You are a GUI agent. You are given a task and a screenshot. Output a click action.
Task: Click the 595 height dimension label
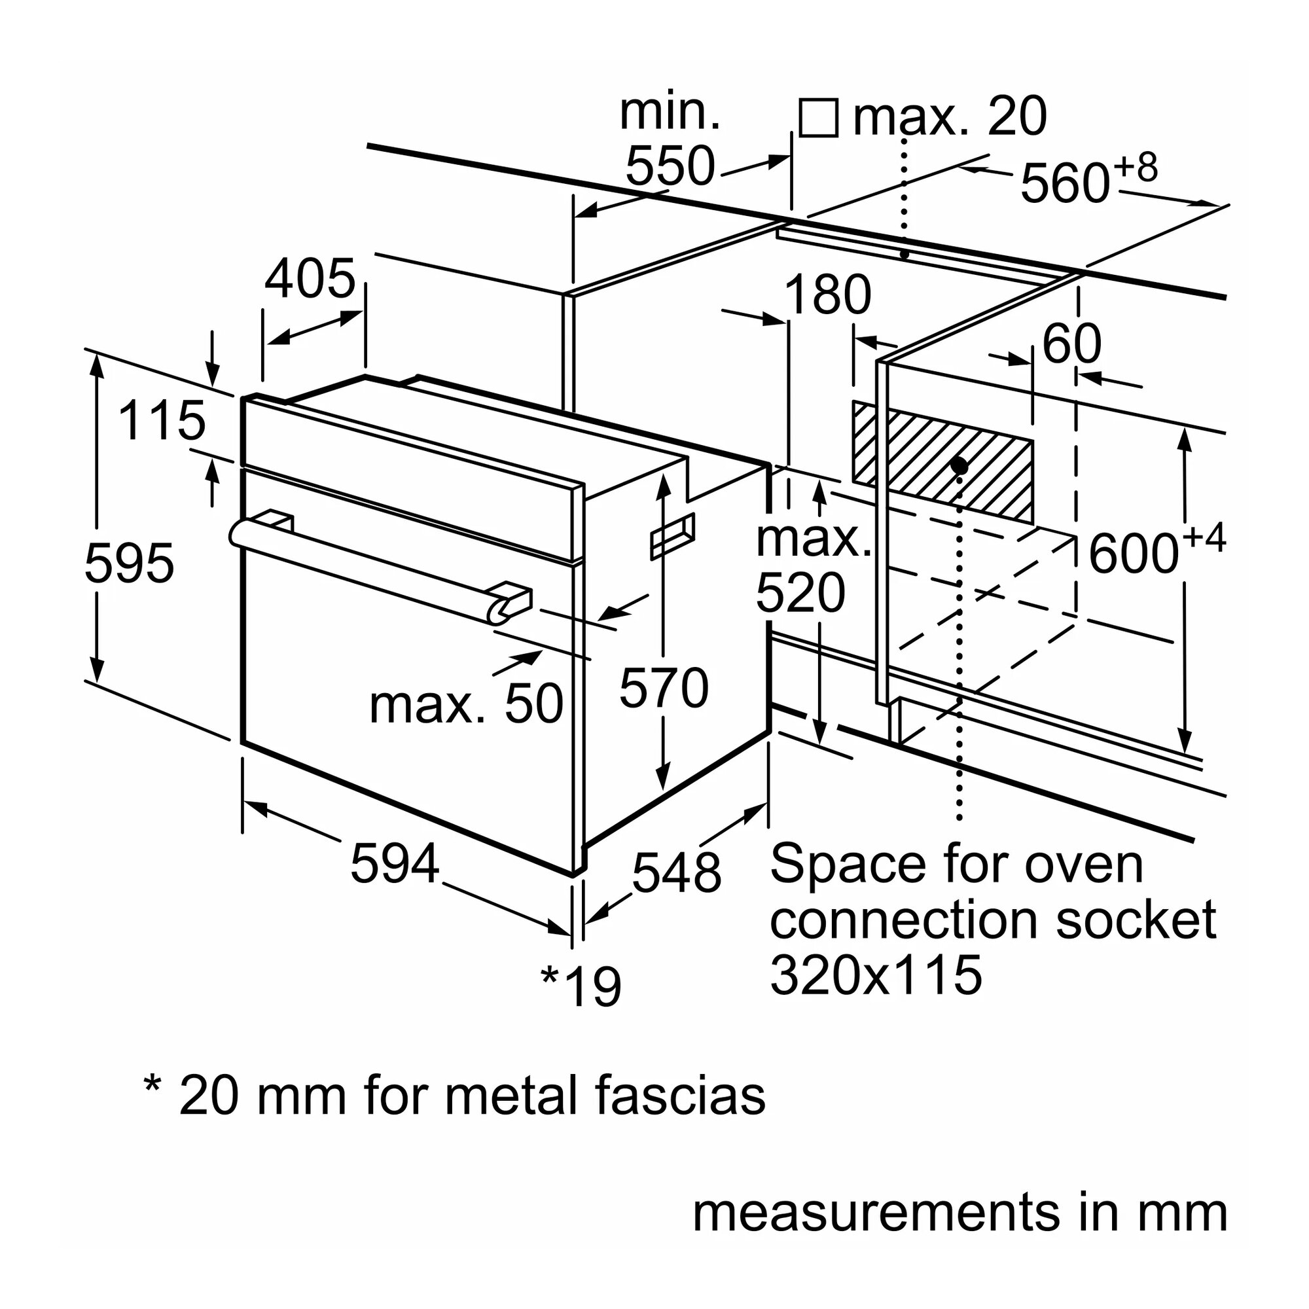click(x=130, y=563)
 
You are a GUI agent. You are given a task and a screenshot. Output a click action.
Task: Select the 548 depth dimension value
click(x=676, y=872)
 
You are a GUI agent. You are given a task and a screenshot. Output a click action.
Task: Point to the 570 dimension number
click(x=664, y=688)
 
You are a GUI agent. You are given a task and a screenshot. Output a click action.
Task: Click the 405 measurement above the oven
click(x=310, y=278)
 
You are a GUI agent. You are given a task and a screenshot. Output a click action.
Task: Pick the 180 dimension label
click(x=827, y=295)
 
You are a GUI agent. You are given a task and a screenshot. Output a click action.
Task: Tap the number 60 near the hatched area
click(x=1072, y=344)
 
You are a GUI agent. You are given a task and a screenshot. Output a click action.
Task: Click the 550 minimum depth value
click(x=670, y=166)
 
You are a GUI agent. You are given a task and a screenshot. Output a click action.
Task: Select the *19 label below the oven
click(x=581, y=986)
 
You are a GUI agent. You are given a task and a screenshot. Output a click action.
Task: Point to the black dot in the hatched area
click(x=959, y=465)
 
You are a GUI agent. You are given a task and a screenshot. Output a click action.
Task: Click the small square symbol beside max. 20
click(x=819, y=118)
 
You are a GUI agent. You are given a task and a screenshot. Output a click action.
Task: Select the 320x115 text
click(x=875, y=975)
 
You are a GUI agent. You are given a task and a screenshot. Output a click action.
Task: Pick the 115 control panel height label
click(x=161, y=420)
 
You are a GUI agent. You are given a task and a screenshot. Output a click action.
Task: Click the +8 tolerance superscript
click(x=1136, y=168)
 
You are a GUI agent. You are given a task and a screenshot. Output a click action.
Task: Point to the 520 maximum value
click(x=800, y=593)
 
